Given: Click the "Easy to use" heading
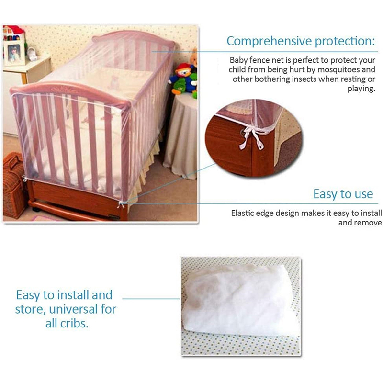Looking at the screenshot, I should coord(343,194).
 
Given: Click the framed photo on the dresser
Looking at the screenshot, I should coord(14,52).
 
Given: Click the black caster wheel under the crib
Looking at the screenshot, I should coord(36,209).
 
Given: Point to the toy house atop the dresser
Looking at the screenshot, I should coord(13,33).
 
